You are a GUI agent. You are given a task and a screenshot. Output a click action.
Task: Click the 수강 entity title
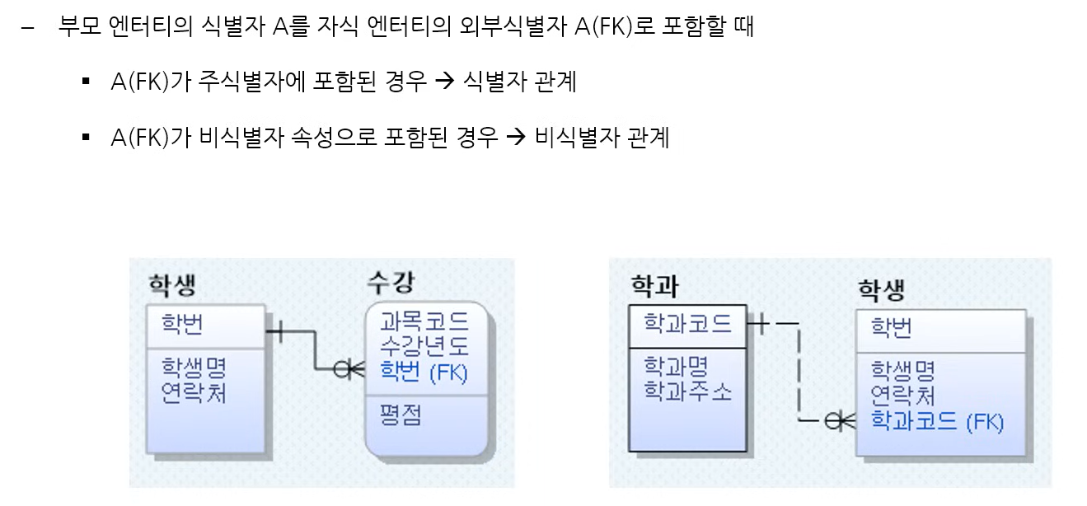tap(391, 283)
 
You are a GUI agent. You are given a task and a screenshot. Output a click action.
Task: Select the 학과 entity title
tap(654, 285)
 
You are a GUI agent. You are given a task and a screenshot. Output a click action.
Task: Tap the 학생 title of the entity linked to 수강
tap(172, 285)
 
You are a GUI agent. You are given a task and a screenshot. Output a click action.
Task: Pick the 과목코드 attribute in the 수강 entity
tap(424, 321)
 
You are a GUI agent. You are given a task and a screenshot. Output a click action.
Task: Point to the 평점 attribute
tap(401, 414)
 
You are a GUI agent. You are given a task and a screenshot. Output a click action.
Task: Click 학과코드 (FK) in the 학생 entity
tap(937, 422)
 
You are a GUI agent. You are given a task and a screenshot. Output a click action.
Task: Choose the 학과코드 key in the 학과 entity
tap(687, 323)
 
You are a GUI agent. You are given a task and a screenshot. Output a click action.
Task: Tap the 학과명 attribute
tap(676, 366)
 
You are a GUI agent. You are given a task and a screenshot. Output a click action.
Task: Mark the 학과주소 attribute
tap(687, 391)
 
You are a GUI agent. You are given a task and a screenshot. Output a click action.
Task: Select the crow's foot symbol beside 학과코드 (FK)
tap(841, 421)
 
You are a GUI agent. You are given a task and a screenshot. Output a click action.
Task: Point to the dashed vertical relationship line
tap(799, 371)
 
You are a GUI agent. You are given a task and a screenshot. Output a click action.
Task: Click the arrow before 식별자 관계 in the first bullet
tap(444, 82)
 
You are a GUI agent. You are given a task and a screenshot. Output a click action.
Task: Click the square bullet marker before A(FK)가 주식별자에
tap(86, 82)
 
